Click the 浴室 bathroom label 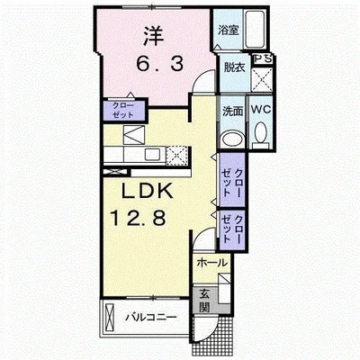(x=229, y=30)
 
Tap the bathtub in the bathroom (x=254, y=30)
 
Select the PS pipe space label (x=263, y=58)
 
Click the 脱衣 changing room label (x=235, y=67)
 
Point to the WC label (x=261, y=110)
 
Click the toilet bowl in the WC (x=261, y=132)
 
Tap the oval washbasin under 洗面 (x=232, y=139)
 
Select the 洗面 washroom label (x=232, y=112)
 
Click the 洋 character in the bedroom (x=153, y=36)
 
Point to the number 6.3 (x=159, y=64)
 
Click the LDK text (x=147, y=190)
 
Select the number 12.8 (x=139, y=218)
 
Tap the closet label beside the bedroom (x=123, y=110)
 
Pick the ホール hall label (x=211, y=263)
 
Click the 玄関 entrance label (x=204, y=301)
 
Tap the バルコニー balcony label (x=151, y=317)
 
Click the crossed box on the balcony (x=109, y=317)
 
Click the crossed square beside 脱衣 (x=262, y=80)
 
